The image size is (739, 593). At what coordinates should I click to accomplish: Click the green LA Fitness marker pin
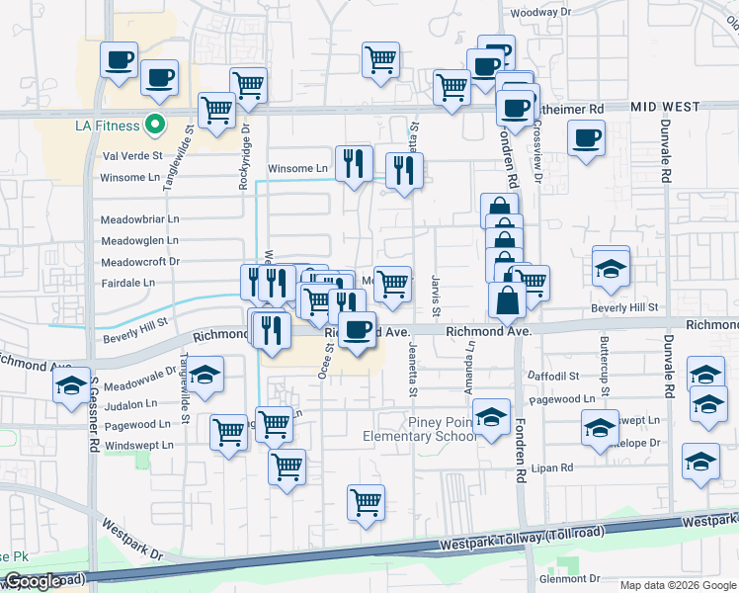pos(154,125)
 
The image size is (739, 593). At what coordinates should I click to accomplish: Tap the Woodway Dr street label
pos(538,13)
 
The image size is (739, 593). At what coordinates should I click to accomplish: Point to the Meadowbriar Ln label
pos(139,218)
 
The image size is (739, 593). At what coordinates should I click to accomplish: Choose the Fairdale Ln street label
pos(127,283)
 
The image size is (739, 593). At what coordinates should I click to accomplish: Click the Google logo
pos(33,581)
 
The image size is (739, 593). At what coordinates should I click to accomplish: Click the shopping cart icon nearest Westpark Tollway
pos(366,503)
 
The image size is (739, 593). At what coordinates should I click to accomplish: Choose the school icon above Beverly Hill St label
pos(611,267)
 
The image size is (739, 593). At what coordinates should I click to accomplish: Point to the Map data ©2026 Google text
pos(678,585)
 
